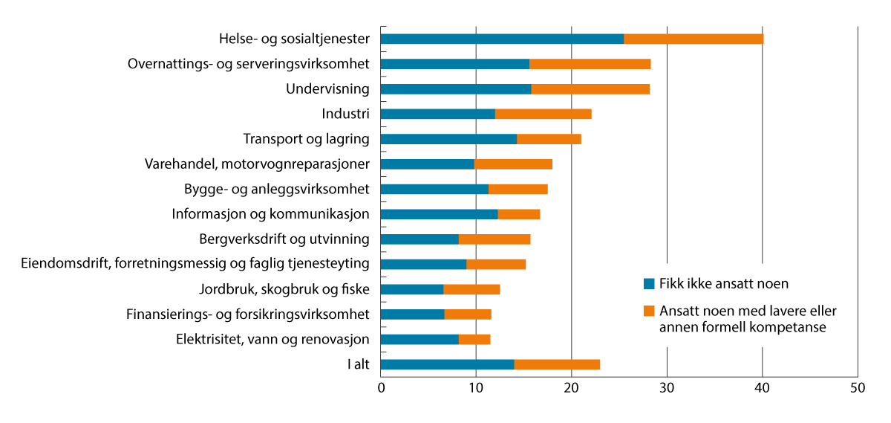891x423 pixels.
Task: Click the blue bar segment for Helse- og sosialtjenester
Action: click(502, 39)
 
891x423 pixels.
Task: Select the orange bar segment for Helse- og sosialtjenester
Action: click(693, 39)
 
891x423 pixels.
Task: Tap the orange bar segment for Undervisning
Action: click(590, 89)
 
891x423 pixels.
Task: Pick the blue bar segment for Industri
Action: click(437, 114)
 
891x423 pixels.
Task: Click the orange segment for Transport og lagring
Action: click(549, 139)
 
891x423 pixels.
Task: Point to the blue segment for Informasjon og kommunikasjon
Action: click(439, 214)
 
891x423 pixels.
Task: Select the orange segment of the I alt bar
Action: click(557, 364)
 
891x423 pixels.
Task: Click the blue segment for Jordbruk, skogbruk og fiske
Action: click(412, 289)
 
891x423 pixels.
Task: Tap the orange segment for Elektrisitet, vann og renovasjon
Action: click(474, 340)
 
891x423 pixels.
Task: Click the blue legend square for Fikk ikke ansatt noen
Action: click(649, 283)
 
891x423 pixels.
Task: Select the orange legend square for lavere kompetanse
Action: click(649, 311)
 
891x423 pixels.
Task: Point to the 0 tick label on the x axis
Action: click(381, 388)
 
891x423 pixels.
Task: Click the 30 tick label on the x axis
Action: click(667, 388)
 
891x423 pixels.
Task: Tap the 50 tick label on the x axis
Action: click(858, 388)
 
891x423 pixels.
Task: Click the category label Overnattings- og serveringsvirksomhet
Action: click(249, 64)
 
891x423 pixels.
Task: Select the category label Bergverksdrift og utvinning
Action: click(284, 239)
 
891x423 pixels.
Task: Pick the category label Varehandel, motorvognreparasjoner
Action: click(257, 164)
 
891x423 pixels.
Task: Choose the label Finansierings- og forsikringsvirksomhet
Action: click(248, 314)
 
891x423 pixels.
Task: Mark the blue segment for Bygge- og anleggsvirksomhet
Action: click(434, 189)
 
